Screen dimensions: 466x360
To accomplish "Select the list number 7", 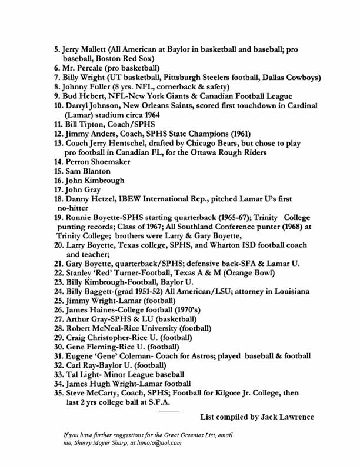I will (56, 77).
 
